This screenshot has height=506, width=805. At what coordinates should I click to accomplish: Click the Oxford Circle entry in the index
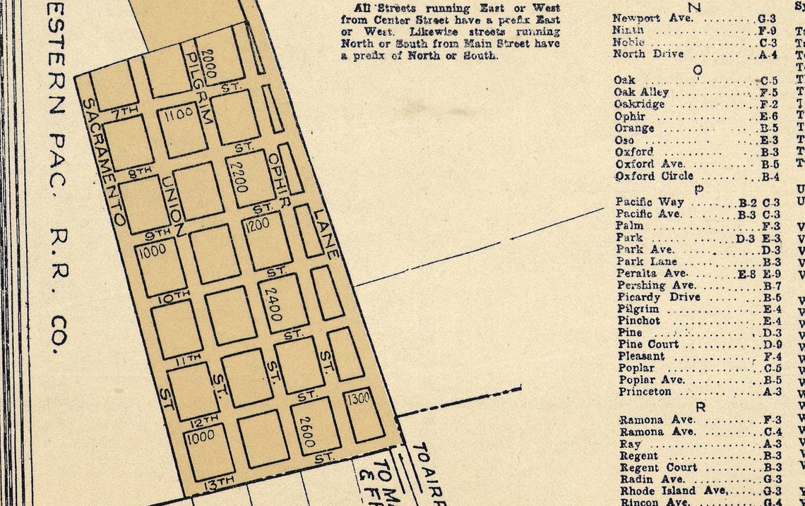(654, 176)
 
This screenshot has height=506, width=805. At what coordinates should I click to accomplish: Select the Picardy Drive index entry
(658, 297)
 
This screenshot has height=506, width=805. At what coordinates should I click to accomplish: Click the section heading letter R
(700, 407)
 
